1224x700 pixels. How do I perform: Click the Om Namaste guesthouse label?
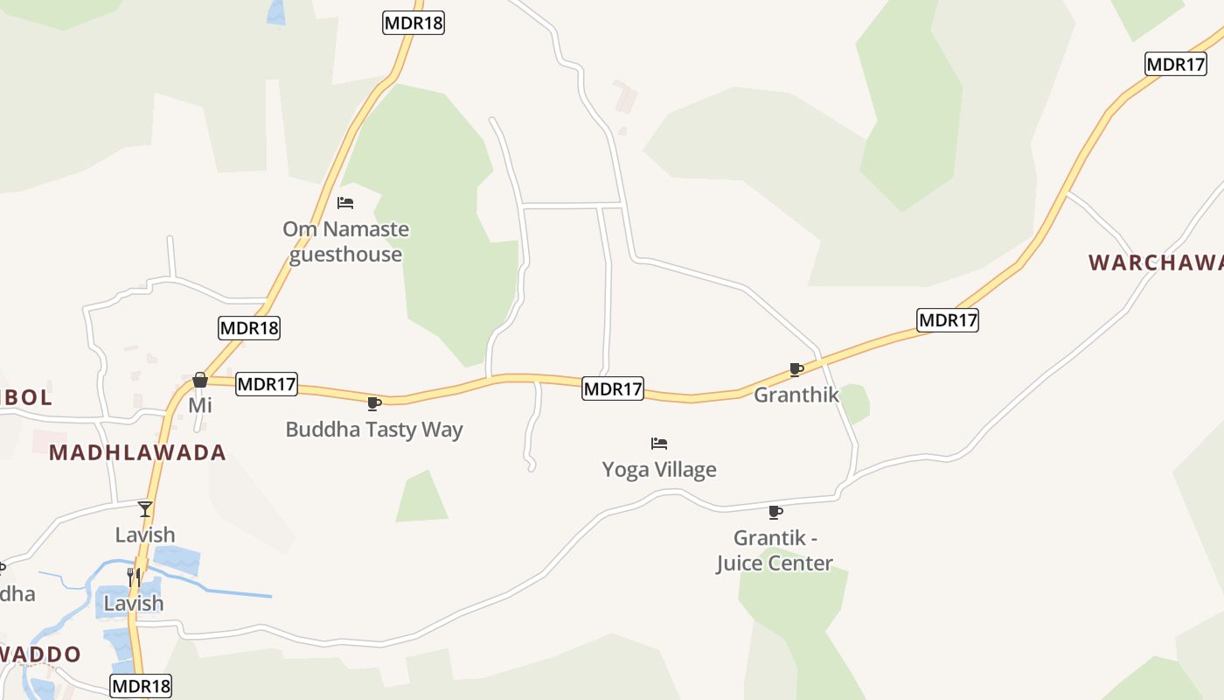[x=345, y=241]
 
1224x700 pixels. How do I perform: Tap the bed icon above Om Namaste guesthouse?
[x=345, y=203]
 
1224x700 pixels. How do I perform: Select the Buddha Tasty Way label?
[x=374, y=430]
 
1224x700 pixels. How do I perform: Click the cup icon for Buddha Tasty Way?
[x=374, y=403]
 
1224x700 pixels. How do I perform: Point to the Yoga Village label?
[x=659, y=470]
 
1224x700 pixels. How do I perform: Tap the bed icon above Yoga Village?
[x=659, y=444]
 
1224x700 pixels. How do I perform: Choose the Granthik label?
[x=796, y=395]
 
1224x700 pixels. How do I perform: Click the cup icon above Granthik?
[x=796, y=369]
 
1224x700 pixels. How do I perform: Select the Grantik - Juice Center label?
[x=775, y=550]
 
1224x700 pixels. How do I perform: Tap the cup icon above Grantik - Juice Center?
[x=775, y=512]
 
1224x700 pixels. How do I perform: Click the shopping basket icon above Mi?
[x=200, y=380]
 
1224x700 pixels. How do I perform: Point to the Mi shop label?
[x=200, y=405]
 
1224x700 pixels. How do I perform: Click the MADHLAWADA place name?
[x=137, y=452]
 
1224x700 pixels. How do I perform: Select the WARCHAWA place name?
[x=1155, y=262]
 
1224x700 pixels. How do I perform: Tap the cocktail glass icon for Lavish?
[x=145, y=508]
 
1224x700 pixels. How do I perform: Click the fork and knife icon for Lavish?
[x=134, y=577]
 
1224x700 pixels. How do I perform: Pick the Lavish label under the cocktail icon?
[x=145, y=535]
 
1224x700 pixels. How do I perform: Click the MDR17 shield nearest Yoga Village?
[x=613, y=388]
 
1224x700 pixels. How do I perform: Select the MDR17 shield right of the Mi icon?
[x=267, y=383]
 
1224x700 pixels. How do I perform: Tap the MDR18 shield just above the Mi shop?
[x=249, y=328]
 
